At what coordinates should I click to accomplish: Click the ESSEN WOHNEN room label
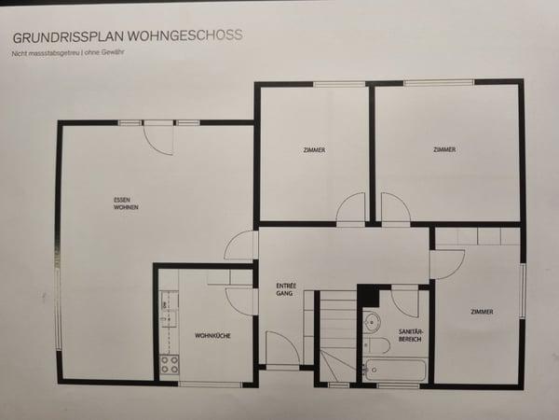(x=127, y=203)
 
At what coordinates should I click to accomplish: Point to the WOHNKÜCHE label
(x=212, y=334)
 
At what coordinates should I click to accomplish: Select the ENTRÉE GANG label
(x=286, y=289)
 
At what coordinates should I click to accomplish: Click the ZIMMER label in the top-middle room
(x=314, y=150)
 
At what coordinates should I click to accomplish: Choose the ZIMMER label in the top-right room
(x=444, y=149)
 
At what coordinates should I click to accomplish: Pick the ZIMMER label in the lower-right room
(x=482, y=312)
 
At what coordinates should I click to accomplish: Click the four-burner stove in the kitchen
(x=169, y=364)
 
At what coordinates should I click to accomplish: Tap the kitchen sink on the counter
(x=168, y=309)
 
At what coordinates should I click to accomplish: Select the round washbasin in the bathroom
(x=371, y=323)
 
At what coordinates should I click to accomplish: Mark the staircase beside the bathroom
(x=337, y=336)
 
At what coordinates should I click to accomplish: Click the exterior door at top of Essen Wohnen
(x=158, y=138)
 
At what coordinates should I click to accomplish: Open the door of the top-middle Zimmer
(x=352, y=209)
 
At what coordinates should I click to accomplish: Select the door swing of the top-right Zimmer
(x=395, y=209)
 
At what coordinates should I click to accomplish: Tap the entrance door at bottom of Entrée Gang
(x=281, y=349)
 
